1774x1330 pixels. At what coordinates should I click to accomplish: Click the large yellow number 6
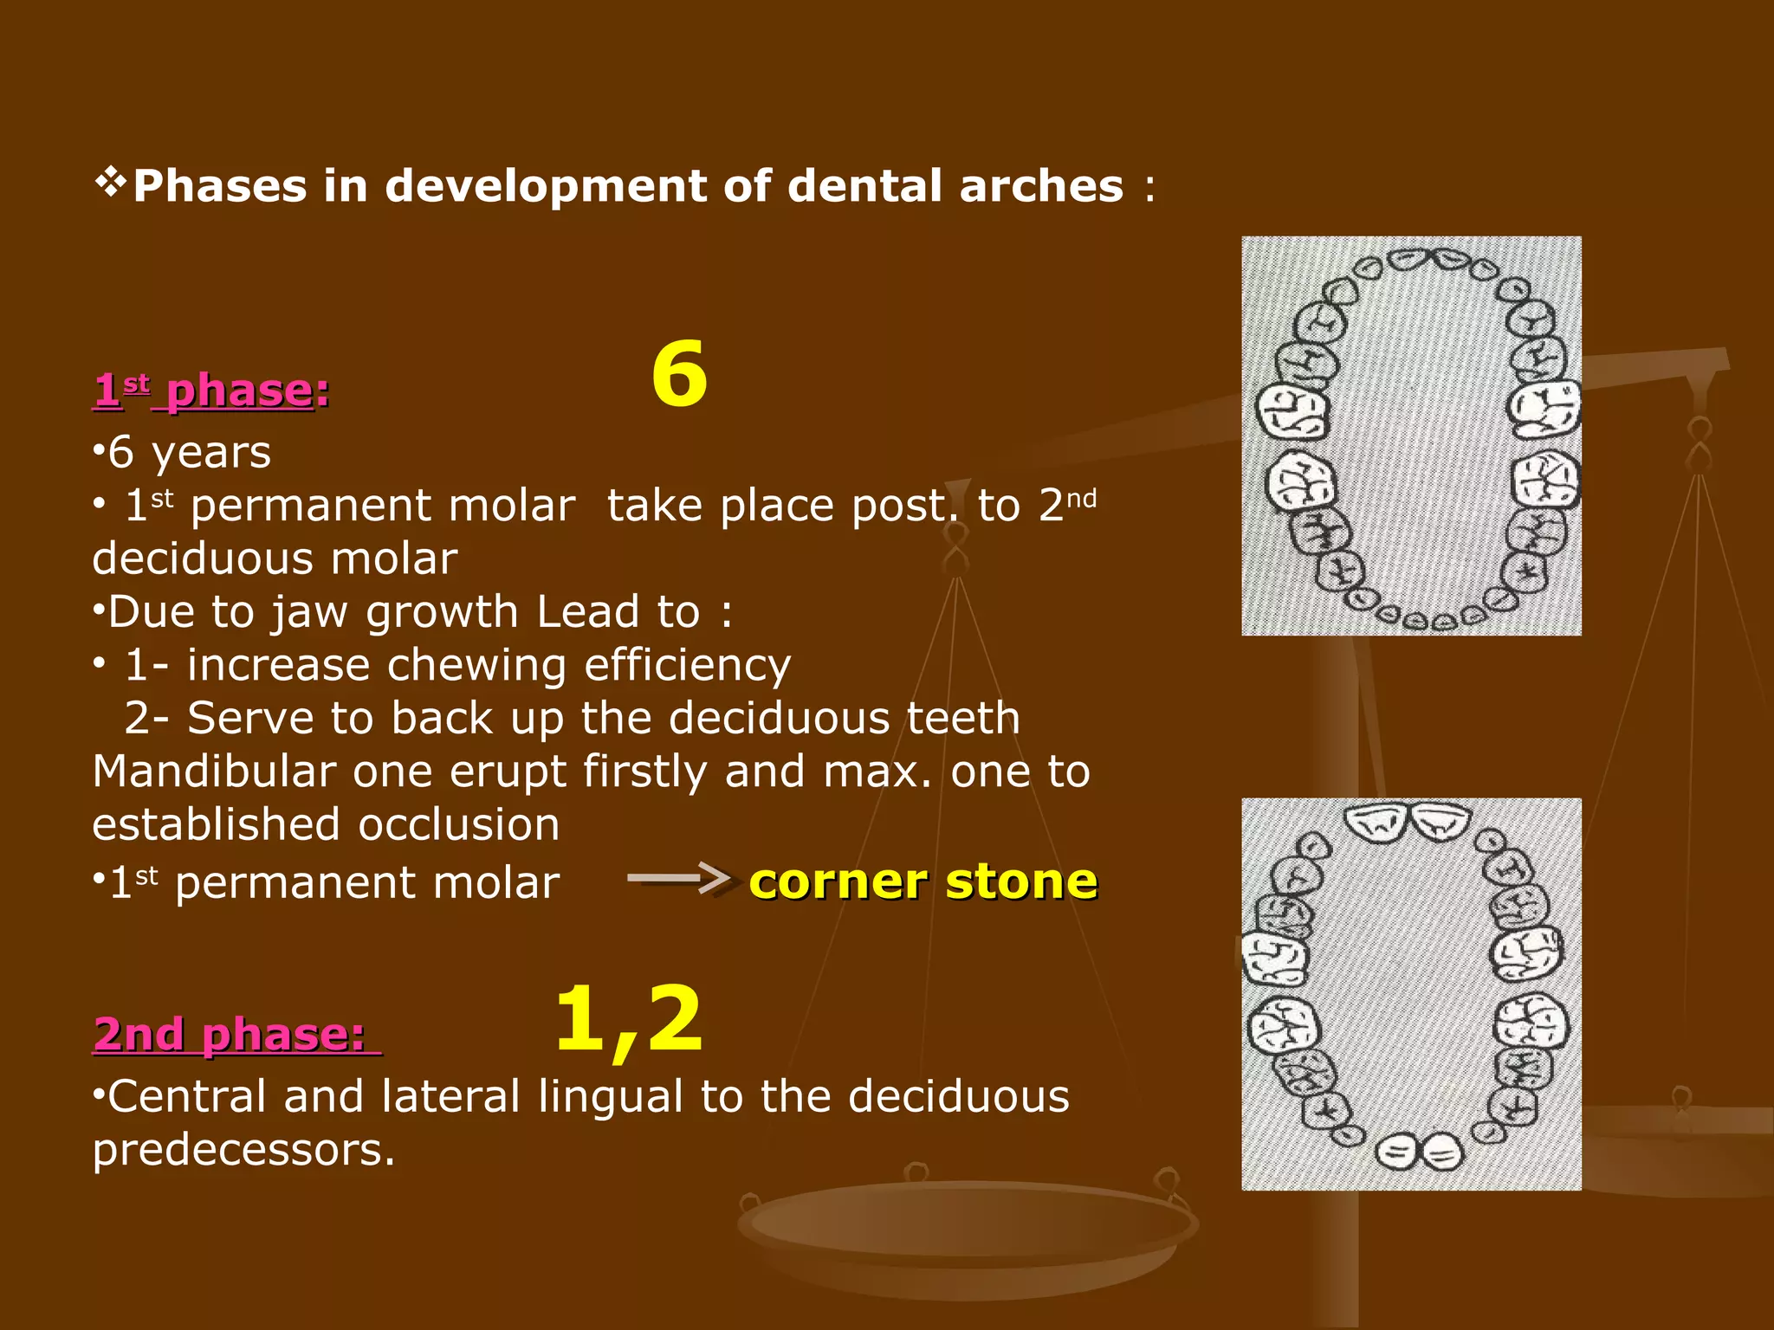pyautogui.click(x=679, y=374)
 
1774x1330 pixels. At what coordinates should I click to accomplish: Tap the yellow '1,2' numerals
pyautogui.click(x=629, y=1020)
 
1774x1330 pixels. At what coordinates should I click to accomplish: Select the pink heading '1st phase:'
pyautogui.click(x=211, y=391)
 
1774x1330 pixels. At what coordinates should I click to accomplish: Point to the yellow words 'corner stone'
pyautogui.click(x=923, y=882)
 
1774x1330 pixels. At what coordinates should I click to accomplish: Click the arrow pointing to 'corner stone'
pyautogui.click(x=679, y=878)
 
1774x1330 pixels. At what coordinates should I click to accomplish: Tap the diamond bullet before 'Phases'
pyautogui.click(x=110, y=183)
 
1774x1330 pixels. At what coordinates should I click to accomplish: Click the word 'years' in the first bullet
pyautogui.click(x=211, y=453)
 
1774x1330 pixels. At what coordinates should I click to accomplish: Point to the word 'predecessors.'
pyautogui.click(x=243, y=1150)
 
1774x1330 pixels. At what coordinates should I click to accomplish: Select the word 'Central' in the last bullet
pyautogui.click(x=187, y=1097)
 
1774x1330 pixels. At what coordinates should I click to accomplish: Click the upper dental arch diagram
pyautogui.click(x=1411, y=436)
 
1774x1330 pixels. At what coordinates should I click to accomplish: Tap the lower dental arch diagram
pyautogui.click(x=1411, y=994)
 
